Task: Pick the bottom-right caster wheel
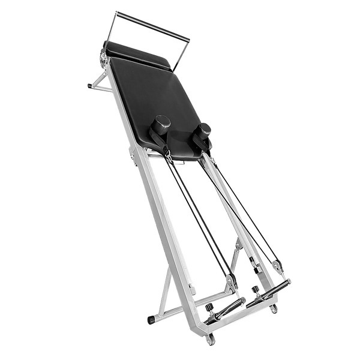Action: (x=275, y=308)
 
